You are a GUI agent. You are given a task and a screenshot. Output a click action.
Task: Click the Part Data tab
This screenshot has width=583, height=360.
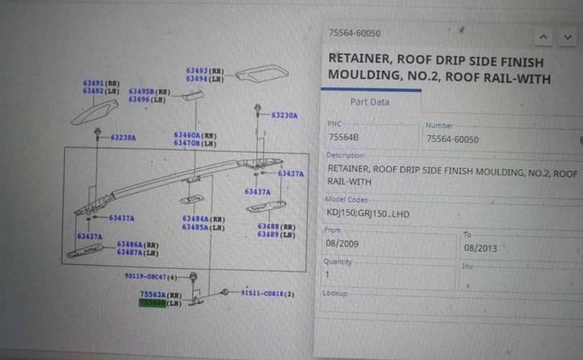click(369, 102)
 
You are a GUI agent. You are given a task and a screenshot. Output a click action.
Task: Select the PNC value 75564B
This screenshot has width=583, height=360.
click(345, 138)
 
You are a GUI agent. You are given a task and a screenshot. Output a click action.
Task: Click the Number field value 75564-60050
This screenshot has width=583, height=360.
click(452, 139)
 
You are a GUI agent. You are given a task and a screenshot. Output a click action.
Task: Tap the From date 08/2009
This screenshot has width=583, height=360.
click(343, 244)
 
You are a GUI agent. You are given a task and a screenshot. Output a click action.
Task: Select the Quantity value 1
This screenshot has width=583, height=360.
click(329, 274)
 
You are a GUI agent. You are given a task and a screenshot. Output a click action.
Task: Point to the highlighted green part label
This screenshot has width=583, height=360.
click(152, 304)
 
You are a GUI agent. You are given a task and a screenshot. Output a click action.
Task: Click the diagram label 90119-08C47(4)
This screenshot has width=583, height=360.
click(150, 276)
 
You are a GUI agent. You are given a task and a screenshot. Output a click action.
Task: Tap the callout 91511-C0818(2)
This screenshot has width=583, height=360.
click(267, 293)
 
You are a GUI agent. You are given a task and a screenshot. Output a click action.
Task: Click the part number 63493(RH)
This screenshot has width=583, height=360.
click(205, 71)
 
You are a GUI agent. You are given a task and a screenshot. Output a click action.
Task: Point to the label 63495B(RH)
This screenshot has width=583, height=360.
click(149, 92)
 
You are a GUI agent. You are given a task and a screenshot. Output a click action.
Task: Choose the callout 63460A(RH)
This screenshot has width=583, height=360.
click(194, 135)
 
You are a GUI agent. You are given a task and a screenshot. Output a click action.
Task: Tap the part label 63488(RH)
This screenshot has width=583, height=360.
click(276, 227)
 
